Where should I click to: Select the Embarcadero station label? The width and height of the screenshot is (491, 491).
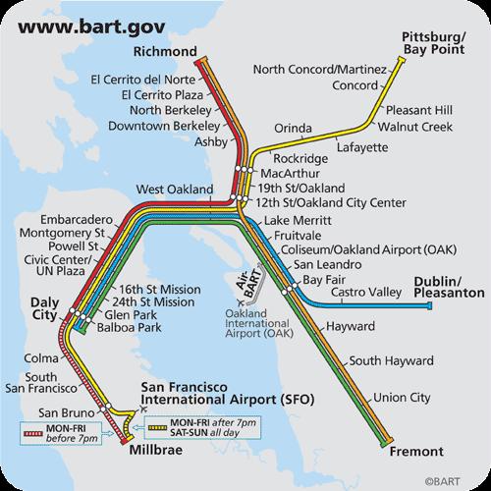point(72,218)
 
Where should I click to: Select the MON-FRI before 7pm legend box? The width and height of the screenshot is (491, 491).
point(60,433)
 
